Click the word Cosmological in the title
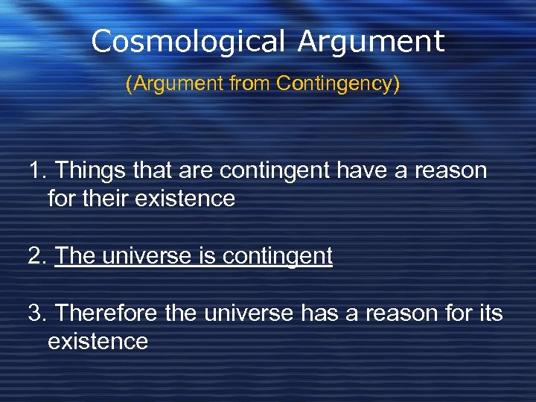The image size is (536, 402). [189, 42]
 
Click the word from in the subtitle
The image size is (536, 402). [244, 84]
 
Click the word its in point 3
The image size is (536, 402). [490, 313]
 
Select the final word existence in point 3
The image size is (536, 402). [98, 342]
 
